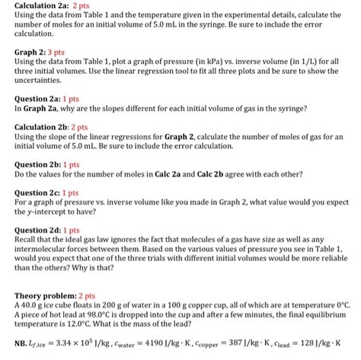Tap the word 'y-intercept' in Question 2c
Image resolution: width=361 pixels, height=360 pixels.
[35, 213]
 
